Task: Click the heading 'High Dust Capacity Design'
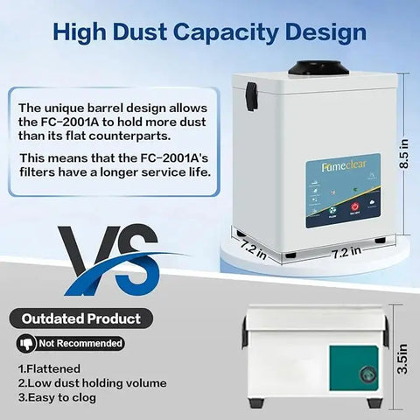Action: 209,32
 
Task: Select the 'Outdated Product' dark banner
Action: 84,318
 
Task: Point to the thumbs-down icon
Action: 27,344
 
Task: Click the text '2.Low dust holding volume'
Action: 92,383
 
